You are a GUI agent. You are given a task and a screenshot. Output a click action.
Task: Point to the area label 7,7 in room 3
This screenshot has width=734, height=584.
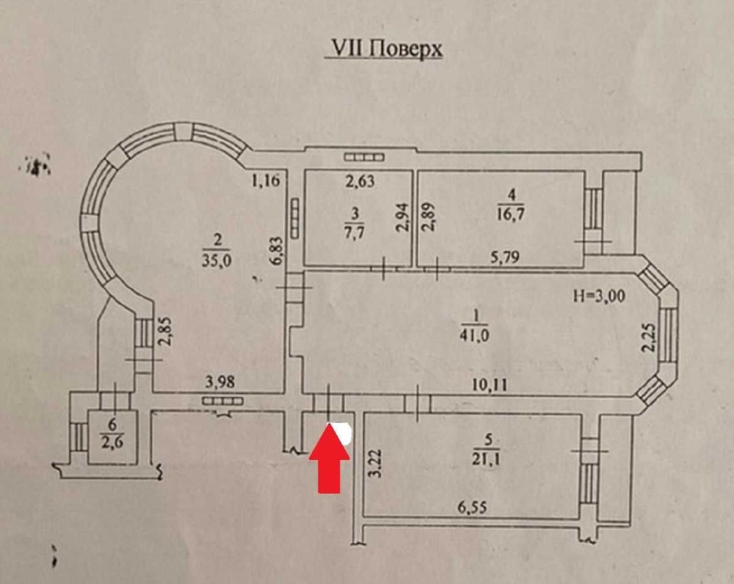[355, 232]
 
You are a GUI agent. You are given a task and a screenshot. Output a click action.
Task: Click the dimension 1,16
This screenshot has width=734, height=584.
[266, 180]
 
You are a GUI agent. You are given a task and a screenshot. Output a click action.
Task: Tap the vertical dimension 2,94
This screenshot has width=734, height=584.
[402, 219]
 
